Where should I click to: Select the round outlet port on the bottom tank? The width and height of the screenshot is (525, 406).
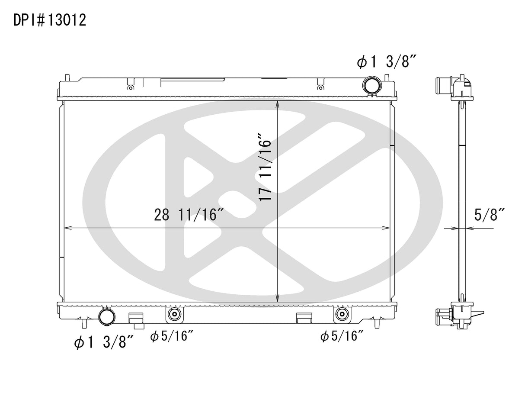point(106,316)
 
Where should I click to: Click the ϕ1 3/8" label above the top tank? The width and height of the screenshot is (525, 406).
point(386,62)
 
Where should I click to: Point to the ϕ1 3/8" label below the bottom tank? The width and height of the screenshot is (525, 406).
point(104,342)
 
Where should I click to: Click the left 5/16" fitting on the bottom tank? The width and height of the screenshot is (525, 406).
point(174,314)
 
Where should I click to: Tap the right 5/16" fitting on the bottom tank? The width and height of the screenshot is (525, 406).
point(341,314)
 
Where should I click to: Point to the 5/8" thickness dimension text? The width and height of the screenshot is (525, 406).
point(490,215)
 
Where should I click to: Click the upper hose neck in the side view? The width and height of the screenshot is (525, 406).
point(445,82)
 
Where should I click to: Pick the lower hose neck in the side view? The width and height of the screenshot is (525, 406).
point(443,313)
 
